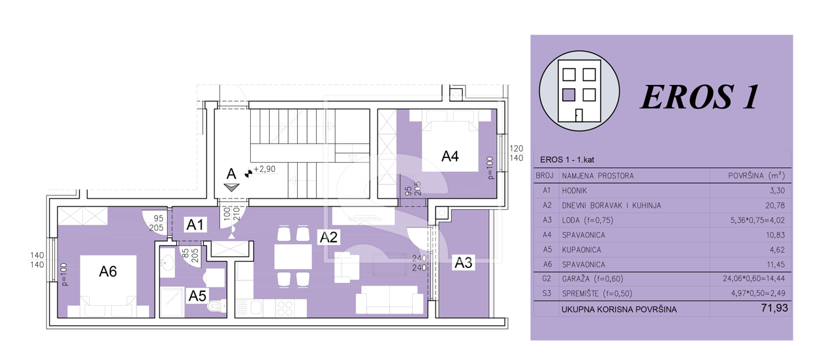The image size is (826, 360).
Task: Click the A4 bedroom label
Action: coord(450,156)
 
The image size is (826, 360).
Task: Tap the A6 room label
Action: coord(108,272)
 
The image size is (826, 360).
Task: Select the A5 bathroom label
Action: coord(197,296)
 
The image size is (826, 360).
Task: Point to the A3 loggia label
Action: coord(463,263)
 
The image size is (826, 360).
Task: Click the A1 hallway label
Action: coord(195,225)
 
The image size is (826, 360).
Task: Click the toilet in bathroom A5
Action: coord(216,305)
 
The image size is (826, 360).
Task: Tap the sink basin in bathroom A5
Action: coord(167,263)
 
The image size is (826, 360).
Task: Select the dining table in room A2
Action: coord(293,257)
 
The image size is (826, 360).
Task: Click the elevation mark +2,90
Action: coord(264,169)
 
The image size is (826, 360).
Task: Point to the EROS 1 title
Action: coord(699,97)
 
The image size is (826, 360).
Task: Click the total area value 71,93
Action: coord(774,308)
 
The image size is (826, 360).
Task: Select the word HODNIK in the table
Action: coord(574,191)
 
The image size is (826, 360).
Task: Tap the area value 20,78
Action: coord(775,205)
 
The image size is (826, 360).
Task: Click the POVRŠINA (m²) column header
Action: coord(756,176)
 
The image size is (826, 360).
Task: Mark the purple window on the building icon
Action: coord(569,95)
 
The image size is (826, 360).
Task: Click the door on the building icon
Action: coord(579,116)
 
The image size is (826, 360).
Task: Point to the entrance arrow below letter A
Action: coord(231,188)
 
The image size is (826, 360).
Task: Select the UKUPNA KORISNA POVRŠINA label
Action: coord(619,310)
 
